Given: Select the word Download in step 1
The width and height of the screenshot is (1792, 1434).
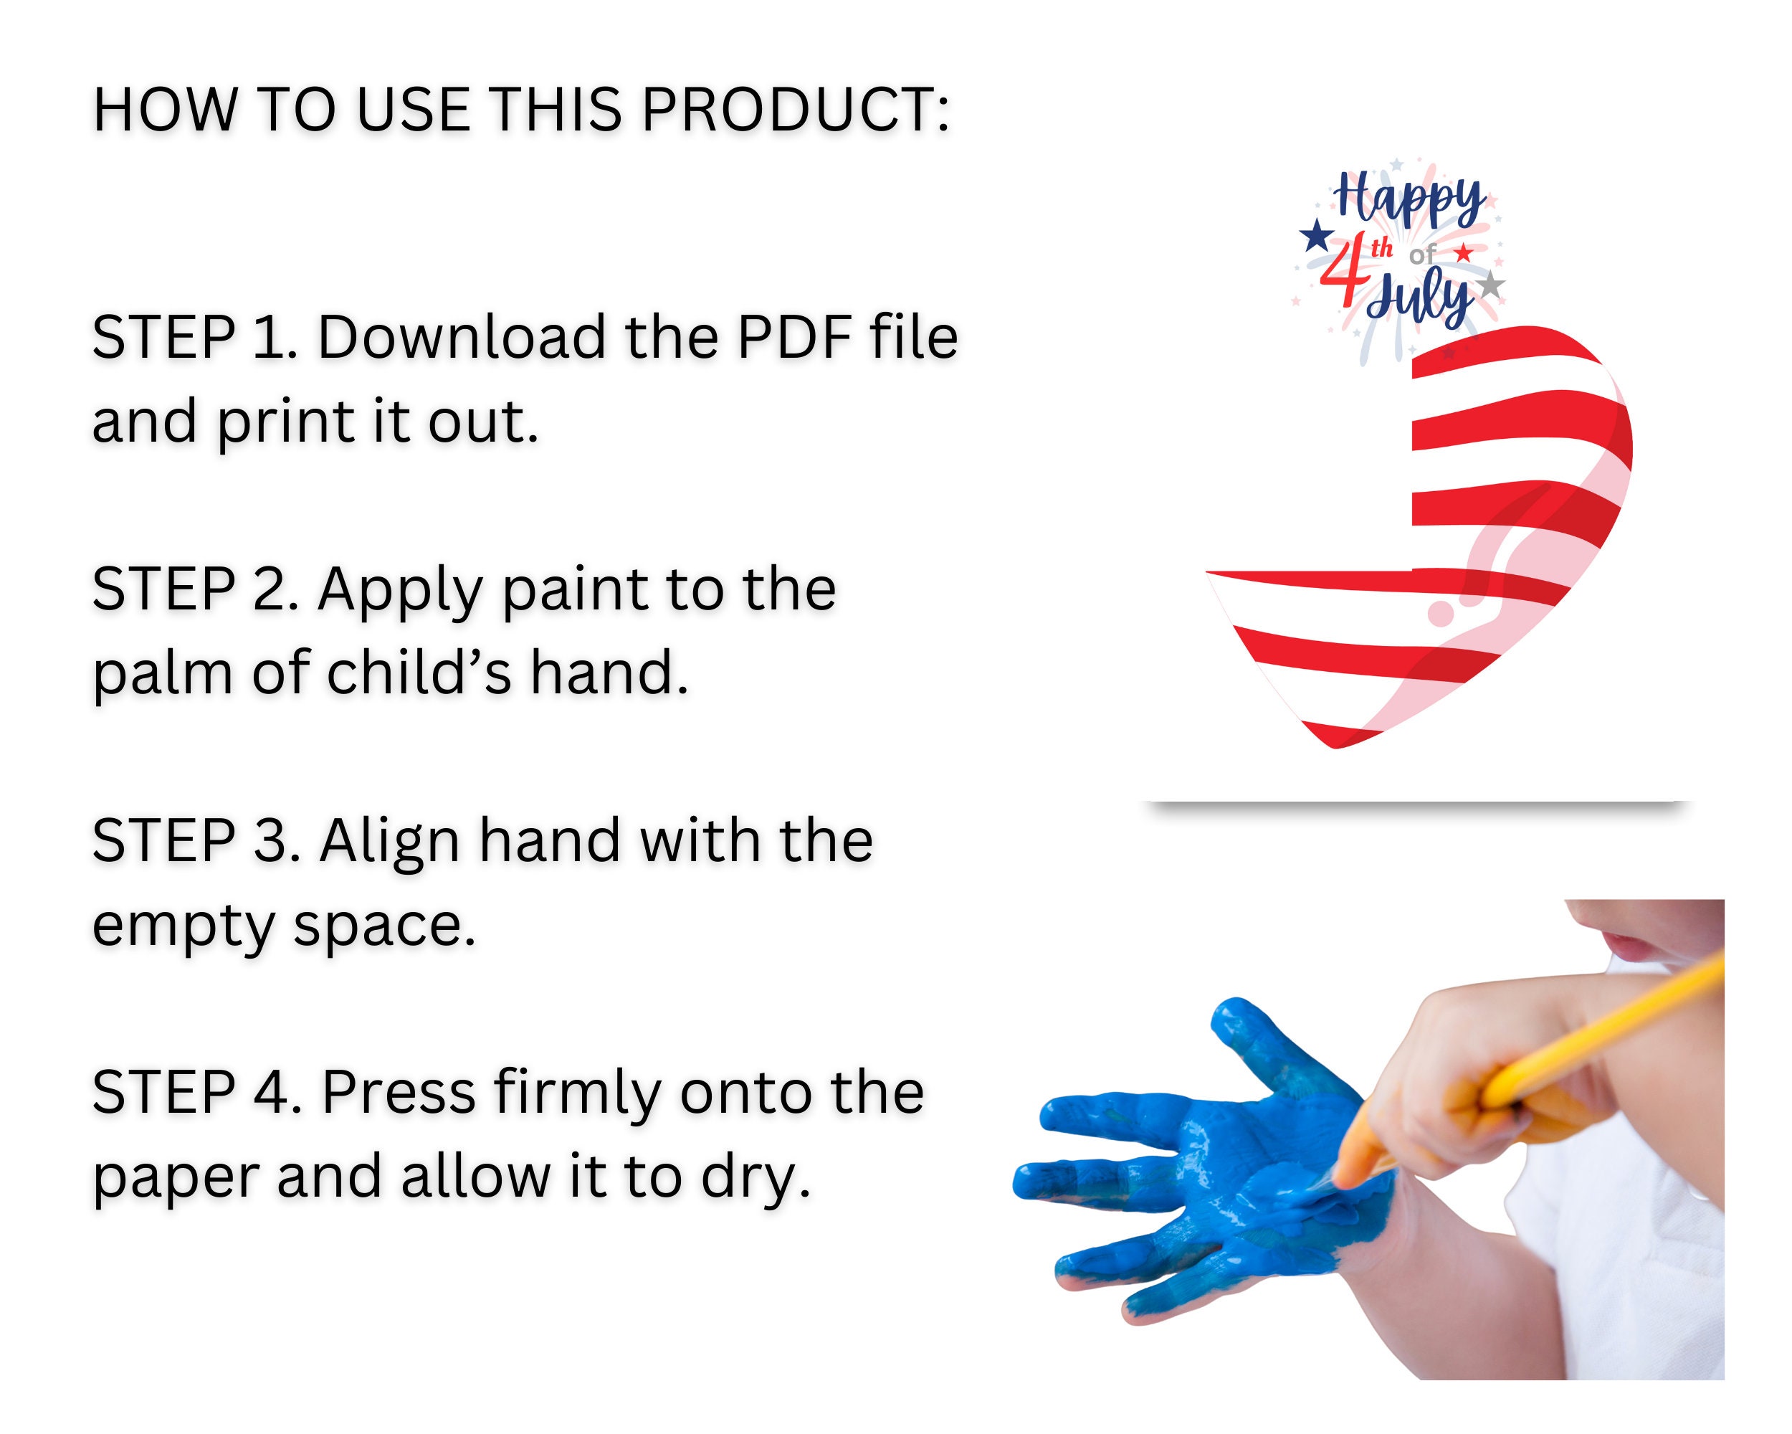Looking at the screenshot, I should (462, 338).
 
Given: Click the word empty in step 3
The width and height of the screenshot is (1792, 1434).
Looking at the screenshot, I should (183, 927).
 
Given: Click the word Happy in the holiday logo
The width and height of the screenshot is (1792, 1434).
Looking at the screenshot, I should (1408, 199).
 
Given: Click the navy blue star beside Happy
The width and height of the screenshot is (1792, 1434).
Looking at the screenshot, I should (1316, 235).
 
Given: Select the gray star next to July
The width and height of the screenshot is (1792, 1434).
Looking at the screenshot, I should (1491, 285).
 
